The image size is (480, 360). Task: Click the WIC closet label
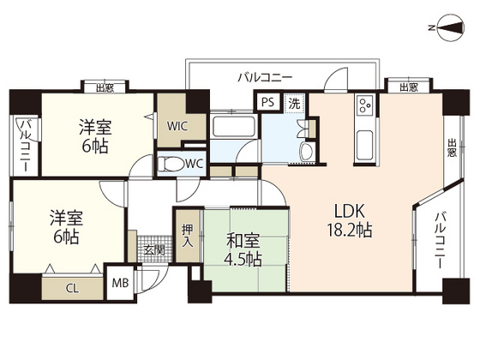click(177, 126)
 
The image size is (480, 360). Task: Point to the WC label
click(194, 162)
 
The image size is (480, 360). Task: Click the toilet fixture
click(172, 162)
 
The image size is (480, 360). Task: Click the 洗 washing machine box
click(293, 102)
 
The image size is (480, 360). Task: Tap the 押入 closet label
click(187, 236)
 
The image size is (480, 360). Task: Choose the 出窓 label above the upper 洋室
click(105, 86)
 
